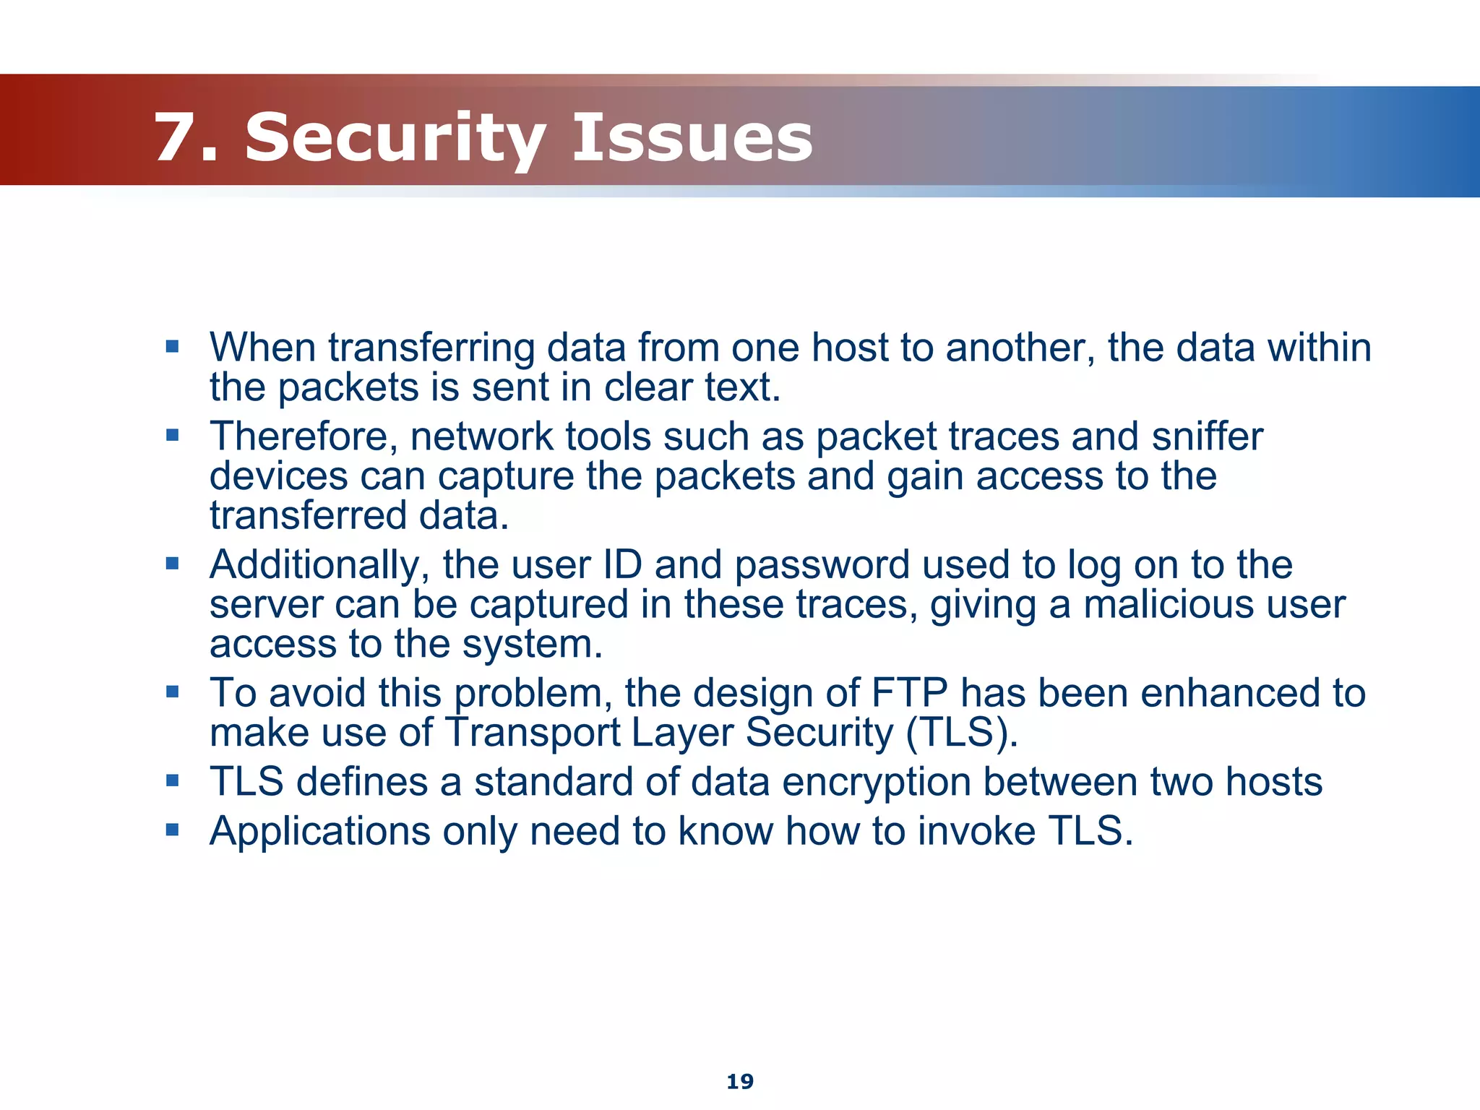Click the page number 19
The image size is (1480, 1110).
click(x=740, y=1082)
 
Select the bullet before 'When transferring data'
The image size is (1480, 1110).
click(x=172, y=347)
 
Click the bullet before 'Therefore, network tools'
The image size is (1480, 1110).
click(x=172, y=436)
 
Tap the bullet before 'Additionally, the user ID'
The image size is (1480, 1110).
click(x=172, y=564)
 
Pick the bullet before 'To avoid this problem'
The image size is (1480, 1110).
click(x=172, y=692)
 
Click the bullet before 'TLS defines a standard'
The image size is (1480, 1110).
click(x=172, y=781)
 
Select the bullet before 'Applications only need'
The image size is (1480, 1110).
click(x=172, y=830)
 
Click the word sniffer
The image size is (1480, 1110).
click(x=1207, y=436)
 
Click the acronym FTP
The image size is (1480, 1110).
click(x=909, y=693)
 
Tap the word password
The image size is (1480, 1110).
click(x=822, y=565)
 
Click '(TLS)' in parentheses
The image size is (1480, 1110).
click(x=962, y=733)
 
